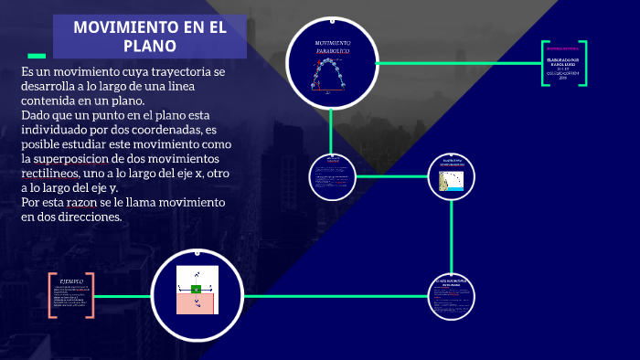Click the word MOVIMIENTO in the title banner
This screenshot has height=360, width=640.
click(x=116, y=26)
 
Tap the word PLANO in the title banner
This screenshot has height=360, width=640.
click(x=150, y=45)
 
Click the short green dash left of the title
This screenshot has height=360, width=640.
click(x=37, y=55)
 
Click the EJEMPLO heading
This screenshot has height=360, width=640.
click(x=72, y=281)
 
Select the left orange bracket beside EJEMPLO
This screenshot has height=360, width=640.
click(x=51, y=295)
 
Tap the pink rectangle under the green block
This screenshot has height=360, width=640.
click(x=197, y=305)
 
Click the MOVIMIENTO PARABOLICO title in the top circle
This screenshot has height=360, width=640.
click(x=333, y=49)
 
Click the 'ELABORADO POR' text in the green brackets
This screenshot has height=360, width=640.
click(x=563, y=62)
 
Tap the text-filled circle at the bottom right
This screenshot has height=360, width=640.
click(x=453, y=297)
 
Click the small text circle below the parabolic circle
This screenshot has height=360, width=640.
click(x=332, y=174)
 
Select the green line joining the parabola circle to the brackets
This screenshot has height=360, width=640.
click(x=457, y=63)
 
